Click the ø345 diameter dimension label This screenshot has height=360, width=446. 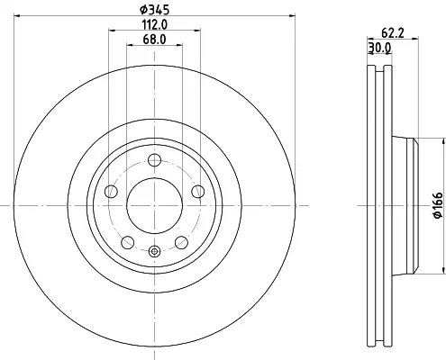pos(155,10)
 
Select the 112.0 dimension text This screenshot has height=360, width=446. pos(155,24)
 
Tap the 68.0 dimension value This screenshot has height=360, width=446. pos(154,40)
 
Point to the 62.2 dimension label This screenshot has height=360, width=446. pos(393,32)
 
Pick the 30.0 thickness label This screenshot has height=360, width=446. pos(379,48)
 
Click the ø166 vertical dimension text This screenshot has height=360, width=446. pos(439,205)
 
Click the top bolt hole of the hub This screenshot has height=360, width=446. pos(155,160)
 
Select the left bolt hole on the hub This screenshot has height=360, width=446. pos(111,192)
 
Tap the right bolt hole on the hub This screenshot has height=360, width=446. pos(198,192)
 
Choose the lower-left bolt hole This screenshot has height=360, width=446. pos(128,242)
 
